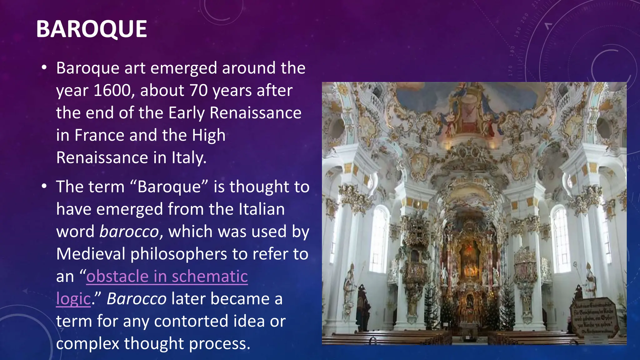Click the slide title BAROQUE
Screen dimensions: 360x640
pos(91,29)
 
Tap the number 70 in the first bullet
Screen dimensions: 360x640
pos(198,91)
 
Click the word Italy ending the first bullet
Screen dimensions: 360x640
pos(188,157)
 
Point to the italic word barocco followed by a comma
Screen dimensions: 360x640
pos(129,232)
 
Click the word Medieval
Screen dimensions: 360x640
pos(91,254)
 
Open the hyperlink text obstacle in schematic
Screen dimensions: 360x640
pos(167,277)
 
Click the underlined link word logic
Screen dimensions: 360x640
pos(73,299)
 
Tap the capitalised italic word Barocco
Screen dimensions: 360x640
pos(137,299)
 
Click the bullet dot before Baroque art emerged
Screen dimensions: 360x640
pos(44,67)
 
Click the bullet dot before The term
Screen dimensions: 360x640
pos(44,186)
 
